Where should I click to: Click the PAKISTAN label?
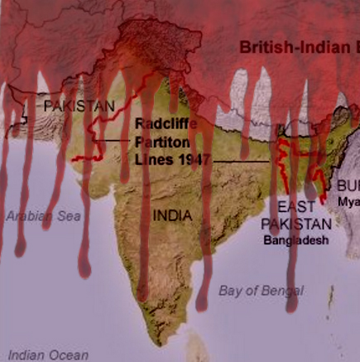(79, 106)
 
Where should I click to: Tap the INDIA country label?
(172, 215)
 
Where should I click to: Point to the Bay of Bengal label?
(261, 290)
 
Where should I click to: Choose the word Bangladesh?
(296, 240)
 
